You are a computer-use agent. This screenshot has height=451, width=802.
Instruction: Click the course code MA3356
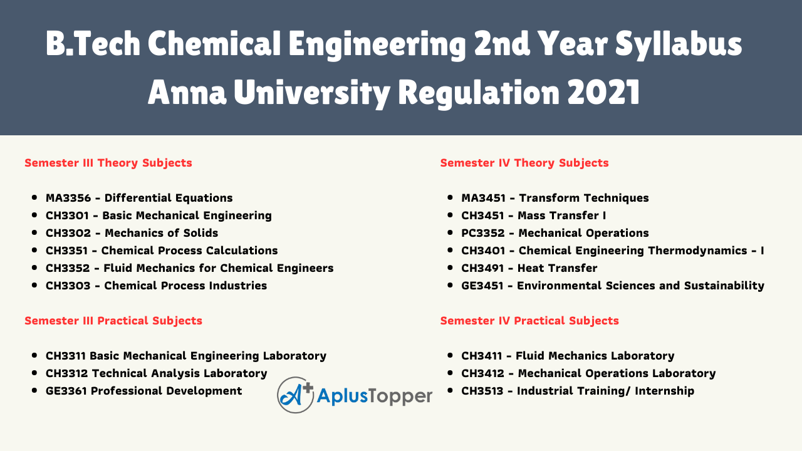68,198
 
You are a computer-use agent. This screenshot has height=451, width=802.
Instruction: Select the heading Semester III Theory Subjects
108,163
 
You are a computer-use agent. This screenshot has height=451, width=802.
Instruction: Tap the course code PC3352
482,233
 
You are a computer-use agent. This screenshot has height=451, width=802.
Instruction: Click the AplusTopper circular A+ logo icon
295,395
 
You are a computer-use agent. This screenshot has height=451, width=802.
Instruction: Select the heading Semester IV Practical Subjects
529,321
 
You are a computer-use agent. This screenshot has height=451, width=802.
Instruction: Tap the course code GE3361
66,391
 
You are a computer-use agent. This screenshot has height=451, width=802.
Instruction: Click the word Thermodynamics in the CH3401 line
697,251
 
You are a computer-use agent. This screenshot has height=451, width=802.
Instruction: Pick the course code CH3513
482,391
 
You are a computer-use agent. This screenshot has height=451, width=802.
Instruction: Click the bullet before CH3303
34,286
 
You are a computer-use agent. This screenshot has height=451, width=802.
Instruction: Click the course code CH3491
482,268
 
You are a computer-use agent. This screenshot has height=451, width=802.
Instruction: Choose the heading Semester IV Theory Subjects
524,163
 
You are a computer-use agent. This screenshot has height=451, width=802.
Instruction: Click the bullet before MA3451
450,198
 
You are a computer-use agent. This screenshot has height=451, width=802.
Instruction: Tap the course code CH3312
66,373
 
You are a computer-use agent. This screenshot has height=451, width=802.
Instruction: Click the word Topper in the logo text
400,397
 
